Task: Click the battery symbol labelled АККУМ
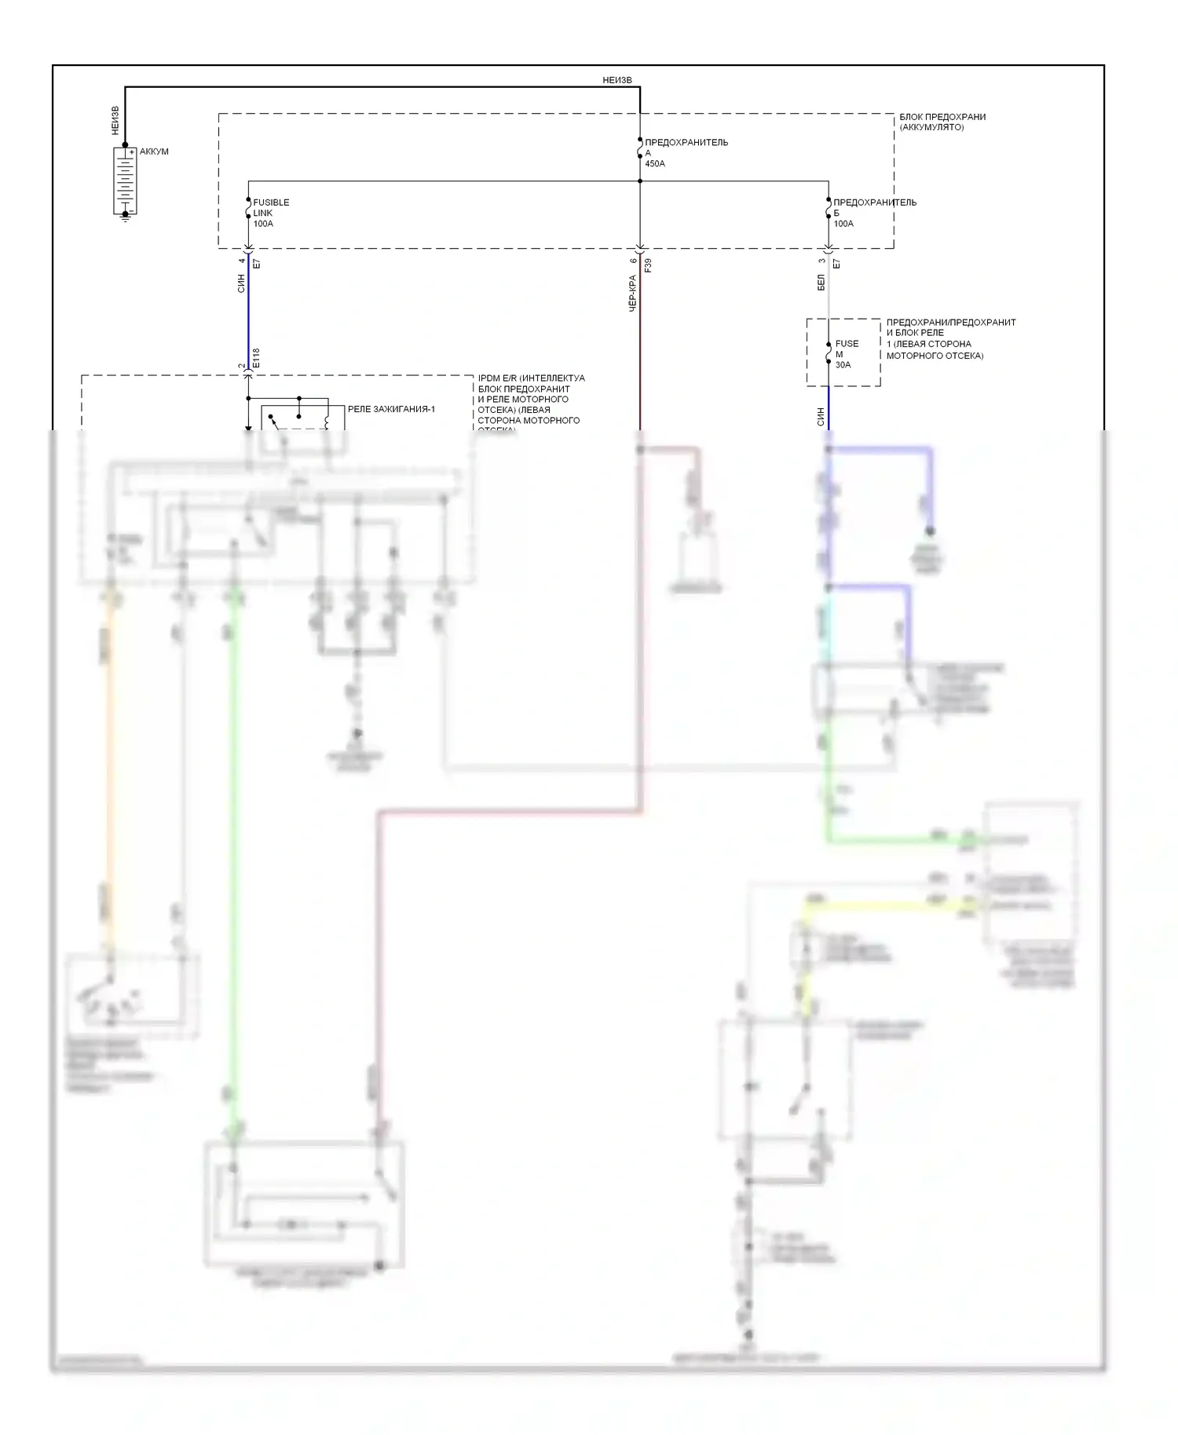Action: coord(125,180)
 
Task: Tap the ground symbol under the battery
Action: coord(125,217)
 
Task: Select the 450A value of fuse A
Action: coord(654,164)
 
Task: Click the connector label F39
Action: coord(648,265)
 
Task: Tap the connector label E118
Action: coord(256,358)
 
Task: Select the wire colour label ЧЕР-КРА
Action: coord(633,294)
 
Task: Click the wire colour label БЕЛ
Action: coord(821,283)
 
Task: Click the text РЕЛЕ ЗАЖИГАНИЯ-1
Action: coord(391,409)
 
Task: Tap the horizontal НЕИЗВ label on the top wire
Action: coord(616,80)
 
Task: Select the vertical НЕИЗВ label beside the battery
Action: coord(115,120)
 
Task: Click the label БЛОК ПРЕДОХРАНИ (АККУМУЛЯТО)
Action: coord(942,122)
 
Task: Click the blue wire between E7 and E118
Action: coord(248,314)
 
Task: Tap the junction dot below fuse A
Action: coord(640,181)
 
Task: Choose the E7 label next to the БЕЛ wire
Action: coord(836,264)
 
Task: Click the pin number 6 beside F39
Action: coord(633,261)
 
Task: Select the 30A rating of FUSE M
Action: coord(843,364)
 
